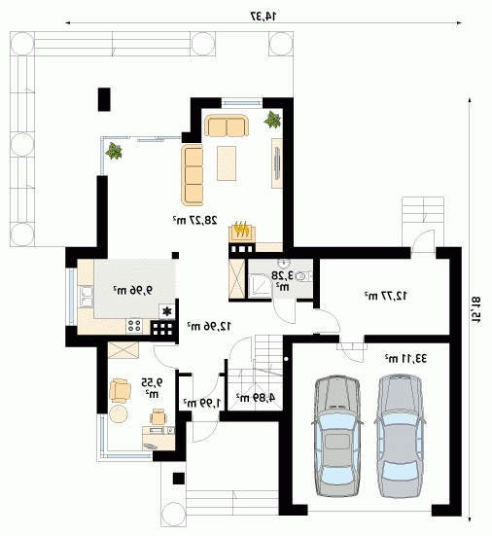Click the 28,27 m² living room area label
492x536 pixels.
[194, 220]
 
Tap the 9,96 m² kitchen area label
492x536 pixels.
[133, 290]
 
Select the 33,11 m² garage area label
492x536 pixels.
[405, 358]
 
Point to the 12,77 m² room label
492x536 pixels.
[386, 296]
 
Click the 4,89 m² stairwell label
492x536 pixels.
[256, 397]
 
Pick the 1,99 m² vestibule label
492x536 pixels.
[202, 403]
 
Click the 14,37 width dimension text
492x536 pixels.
[264, 16]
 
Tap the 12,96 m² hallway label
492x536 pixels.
[209, 326]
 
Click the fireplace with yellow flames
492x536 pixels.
[242, 231]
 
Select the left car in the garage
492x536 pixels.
[336, 436]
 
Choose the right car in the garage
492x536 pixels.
[400, 436]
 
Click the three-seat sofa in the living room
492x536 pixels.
[192, 175]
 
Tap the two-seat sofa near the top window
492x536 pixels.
[227, 125]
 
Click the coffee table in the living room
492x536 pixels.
[227, 163]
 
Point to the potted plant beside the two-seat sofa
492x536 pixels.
[272, 120]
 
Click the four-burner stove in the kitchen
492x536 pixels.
[134, 326]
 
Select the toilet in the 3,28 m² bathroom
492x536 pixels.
[303, 276]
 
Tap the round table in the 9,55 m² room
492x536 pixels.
[119, 413]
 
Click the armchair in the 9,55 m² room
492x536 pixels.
[120, 390]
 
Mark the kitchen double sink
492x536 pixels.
[86, 297]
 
